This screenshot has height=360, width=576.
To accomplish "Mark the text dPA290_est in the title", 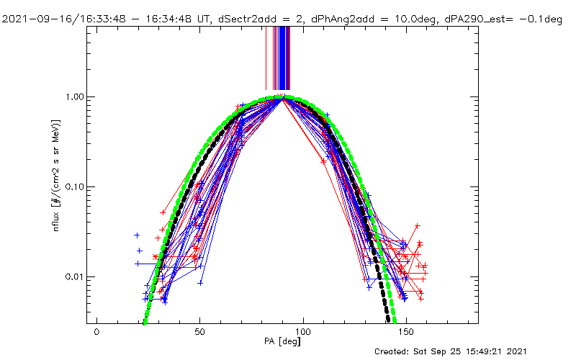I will coord(474,20).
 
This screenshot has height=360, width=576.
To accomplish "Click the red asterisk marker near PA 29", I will coord(156,256).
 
